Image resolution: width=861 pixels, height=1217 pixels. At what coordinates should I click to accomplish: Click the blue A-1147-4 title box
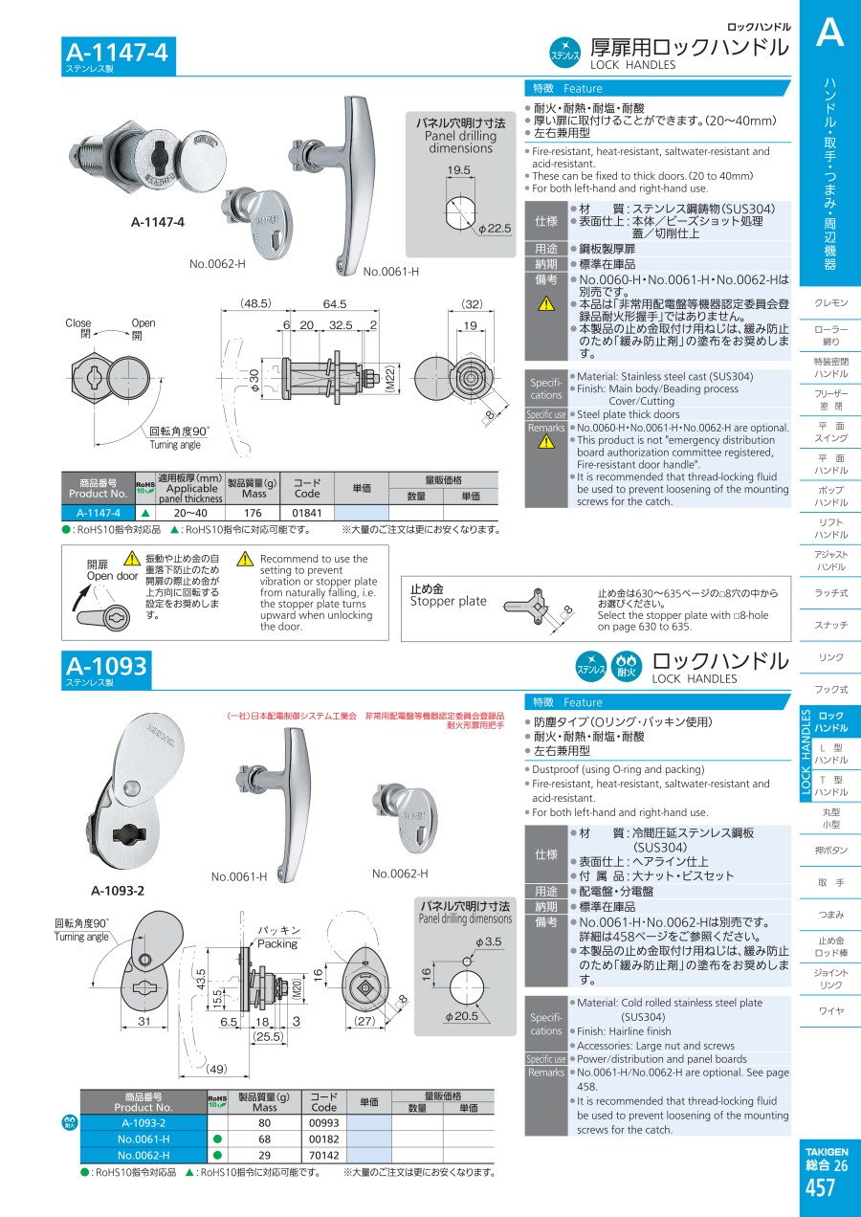[119, 55]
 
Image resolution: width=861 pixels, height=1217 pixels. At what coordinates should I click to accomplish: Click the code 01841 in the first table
[307, 513]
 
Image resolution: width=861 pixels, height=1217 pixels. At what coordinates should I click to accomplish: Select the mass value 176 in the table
[253, 513]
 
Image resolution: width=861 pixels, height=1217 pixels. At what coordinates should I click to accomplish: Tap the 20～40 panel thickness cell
[190, 513]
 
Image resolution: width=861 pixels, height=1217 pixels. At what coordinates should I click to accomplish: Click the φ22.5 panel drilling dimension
[495, 229]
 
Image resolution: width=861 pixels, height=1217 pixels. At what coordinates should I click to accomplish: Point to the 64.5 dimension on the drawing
[335, 303]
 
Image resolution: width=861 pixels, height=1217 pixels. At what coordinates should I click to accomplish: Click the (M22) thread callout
[389, 378]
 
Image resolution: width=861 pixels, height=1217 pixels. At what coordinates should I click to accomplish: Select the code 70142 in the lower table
[323, 1155]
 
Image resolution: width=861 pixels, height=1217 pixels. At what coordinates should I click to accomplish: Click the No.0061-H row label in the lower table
[143, 1139]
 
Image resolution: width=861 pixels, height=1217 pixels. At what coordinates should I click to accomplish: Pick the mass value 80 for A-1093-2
[265, 1123]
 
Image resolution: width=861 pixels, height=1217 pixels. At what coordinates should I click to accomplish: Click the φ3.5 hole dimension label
[488, 941]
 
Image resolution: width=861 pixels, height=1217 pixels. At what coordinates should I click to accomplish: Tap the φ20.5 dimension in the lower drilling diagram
[462, 1015]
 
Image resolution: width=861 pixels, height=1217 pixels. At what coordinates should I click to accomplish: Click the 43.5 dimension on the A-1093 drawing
[201, 979]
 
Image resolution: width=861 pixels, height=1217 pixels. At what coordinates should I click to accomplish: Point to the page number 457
[820, 1187]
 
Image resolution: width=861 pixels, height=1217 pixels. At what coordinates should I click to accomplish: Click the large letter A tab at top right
[830, 33]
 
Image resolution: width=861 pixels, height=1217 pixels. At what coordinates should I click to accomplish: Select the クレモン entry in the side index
[830, 303]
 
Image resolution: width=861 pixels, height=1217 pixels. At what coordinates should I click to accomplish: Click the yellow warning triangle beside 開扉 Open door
[131, 558]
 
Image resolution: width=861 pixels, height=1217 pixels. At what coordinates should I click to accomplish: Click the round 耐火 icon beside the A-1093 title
[627, 667]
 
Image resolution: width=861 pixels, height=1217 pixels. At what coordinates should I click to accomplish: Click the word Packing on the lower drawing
[277, 943]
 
